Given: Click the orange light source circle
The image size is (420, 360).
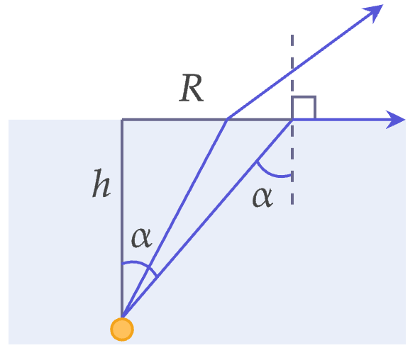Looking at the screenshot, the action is click(122, 330).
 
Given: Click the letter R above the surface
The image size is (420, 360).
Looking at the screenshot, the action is click(192, 88).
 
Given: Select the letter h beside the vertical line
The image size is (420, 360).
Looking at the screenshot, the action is click(101, 184).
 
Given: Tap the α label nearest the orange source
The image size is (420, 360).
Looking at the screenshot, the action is click(142, 237).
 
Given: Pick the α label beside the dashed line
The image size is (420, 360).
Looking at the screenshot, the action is click(262, 197).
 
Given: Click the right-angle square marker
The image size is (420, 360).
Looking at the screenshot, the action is click(304, 107).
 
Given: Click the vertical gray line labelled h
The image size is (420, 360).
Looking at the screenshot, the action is click(122, 218).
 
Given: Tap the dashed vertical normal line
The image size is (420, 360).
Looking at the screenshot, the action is click(292, 120).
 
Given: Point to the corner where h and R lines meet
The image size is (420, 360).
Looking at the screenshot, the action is click(122, 120).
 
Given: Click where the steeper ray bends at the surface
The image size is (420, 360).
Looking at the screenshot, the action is click(228, 118).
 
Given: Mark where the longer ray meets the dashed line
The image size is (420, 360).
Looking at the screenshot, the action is click(292, 120).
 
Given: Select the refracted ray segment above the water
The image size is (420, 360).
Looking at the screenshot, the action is click(305, 62).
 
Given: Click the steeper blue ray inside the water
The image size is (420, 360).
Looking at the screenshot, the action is click(175, 218).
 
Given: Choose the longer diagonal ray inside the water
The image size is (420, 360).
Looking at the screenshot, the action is click(207, 219).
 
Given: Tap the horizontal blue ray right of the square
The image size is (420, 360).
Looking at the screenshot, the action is click(349, 120).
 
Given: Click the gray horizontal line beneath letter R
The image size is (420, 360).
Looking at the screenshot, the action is click(206, 120).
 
